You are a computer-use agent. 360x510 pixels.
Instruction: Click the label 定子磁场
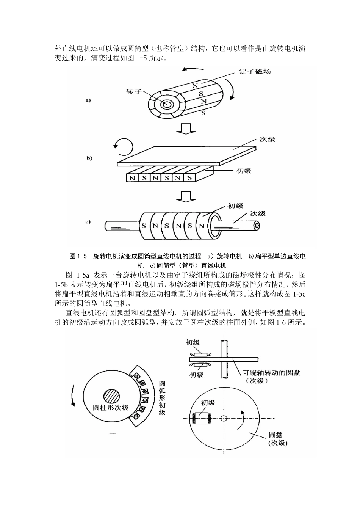pos(255,71)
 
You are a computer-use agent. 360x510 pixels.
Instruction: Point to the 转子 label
pos(133,92)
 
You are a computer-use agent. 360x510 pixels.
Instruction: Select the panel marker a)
pos(88,100)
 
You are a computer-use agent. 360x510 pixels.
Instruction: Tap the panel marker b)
pos(89,158)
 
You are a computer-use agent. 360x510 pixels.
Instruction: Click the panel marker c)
pos(88,222)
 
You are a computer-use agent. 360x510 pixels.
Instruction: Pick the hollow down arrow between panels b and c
pos(186,197)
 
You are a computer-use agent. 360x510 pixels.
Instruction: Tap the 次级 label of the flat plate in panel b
pos(267,139)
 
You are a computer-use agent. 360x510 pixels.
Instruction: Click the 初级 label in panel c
pos(235,206)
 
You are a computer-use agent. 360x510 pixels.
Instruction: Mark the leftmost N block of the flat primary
pos(132,178)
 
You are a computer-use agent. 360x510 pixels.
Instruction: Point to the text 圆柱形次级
pos(111,408)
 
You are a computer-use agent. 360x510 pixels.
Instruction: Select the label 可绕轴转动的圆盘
pos(271,373)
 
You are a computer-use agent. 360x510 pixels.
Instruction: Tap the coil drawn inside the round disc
pos(199,418)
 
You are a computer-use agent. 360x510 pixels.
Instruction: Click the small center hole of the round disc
pos(224,418)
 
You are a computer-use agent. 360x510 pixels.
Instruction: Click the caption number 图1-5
pos(78,256)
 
